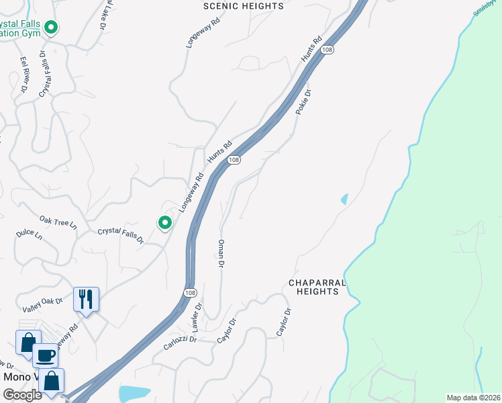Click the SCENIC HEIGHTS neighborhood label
pyautogui.click(x=243, y=6)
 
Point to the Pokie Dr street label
pyautogui.click(x=303, y=103)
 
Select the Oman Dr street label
pyautogui.click(x=221, y=255)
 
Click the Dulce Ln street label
pyautogui.click(x=29, y=236)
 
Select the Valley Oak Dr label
pyautogui.click(x=42, y=305)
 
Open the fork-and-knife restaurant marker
pyautogui.click(x=86, y=299)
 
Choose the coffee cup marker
pyautogui.click(x=45, y=355)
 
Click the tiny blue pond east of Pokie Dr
pyautogui.click(x=345, y=199)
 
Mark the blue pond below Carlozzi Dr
pyautogui.click(x=134, y=393)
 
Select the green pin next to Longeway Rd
pyautogui.click(x=164, y=222)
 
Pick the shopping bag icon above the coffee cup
pyautogui.click(x=28, y=342)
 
